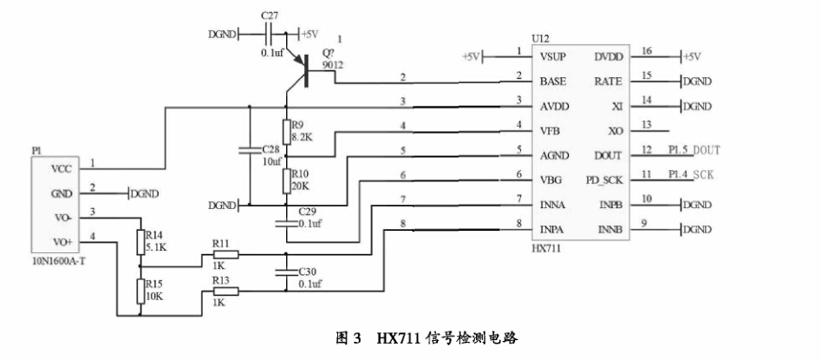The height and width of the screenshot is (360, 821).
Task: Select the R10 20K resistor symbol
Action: (285, 181)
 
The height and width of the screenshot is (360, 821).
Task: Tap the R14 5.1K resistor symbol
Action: (140, 241)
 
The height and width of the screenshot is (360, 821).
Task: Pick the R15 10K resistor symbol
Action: (140, 291)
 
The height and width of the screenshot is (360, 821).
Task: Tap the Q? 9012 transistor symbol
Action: (305, 71)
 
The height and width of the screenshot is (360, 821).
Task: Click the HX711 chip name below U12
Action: (546, 248)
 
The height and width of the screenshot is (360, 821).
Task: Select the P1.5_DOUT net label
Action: (694, 150)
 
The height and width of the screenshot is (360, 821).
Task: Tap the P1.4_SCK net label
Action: (692, 174)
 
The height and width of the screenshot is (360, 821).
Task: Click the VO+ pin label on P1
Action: (62, 242)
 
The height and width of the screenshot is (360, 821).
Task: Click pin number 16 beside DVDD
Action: (647, 51)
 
